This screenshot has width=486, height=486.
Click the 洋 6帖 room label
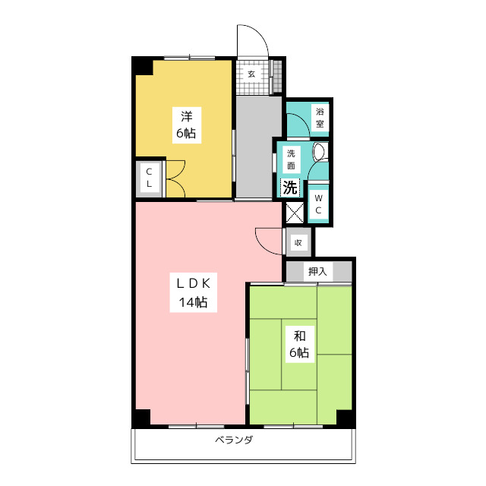(187, 125)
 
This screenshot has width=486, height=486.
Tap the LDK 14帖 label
(194, 292)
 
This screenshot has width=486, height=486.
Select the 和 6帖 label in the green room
(299, 344)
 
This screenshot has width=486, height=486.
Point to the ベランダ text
(235, 440)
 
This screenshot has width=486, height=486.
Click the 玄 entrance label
(251, 74)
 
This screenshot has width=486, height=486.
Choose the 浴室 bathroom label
(320, 118)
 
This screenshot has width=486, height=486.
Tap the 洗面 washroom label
(291, 159)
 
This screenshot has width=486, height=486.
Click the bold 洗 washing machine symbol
(290, 188)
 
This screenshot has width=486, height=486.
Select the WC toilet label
(318, 204)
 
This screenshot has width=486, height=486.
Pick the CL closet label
(149, 178)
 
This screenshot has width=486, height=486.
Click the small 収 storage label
(298, 243)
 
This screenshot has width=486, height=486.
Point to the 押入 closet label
(317, 272)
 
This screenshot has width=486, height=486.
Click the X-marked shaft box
(295, 213)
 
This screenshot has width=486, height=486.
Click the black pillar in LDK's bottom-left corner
(141, 418)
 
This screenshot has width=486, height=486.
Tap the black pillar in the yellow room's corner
(143, 66)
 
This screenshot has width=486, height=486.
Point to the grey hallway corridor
(258, 147)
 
